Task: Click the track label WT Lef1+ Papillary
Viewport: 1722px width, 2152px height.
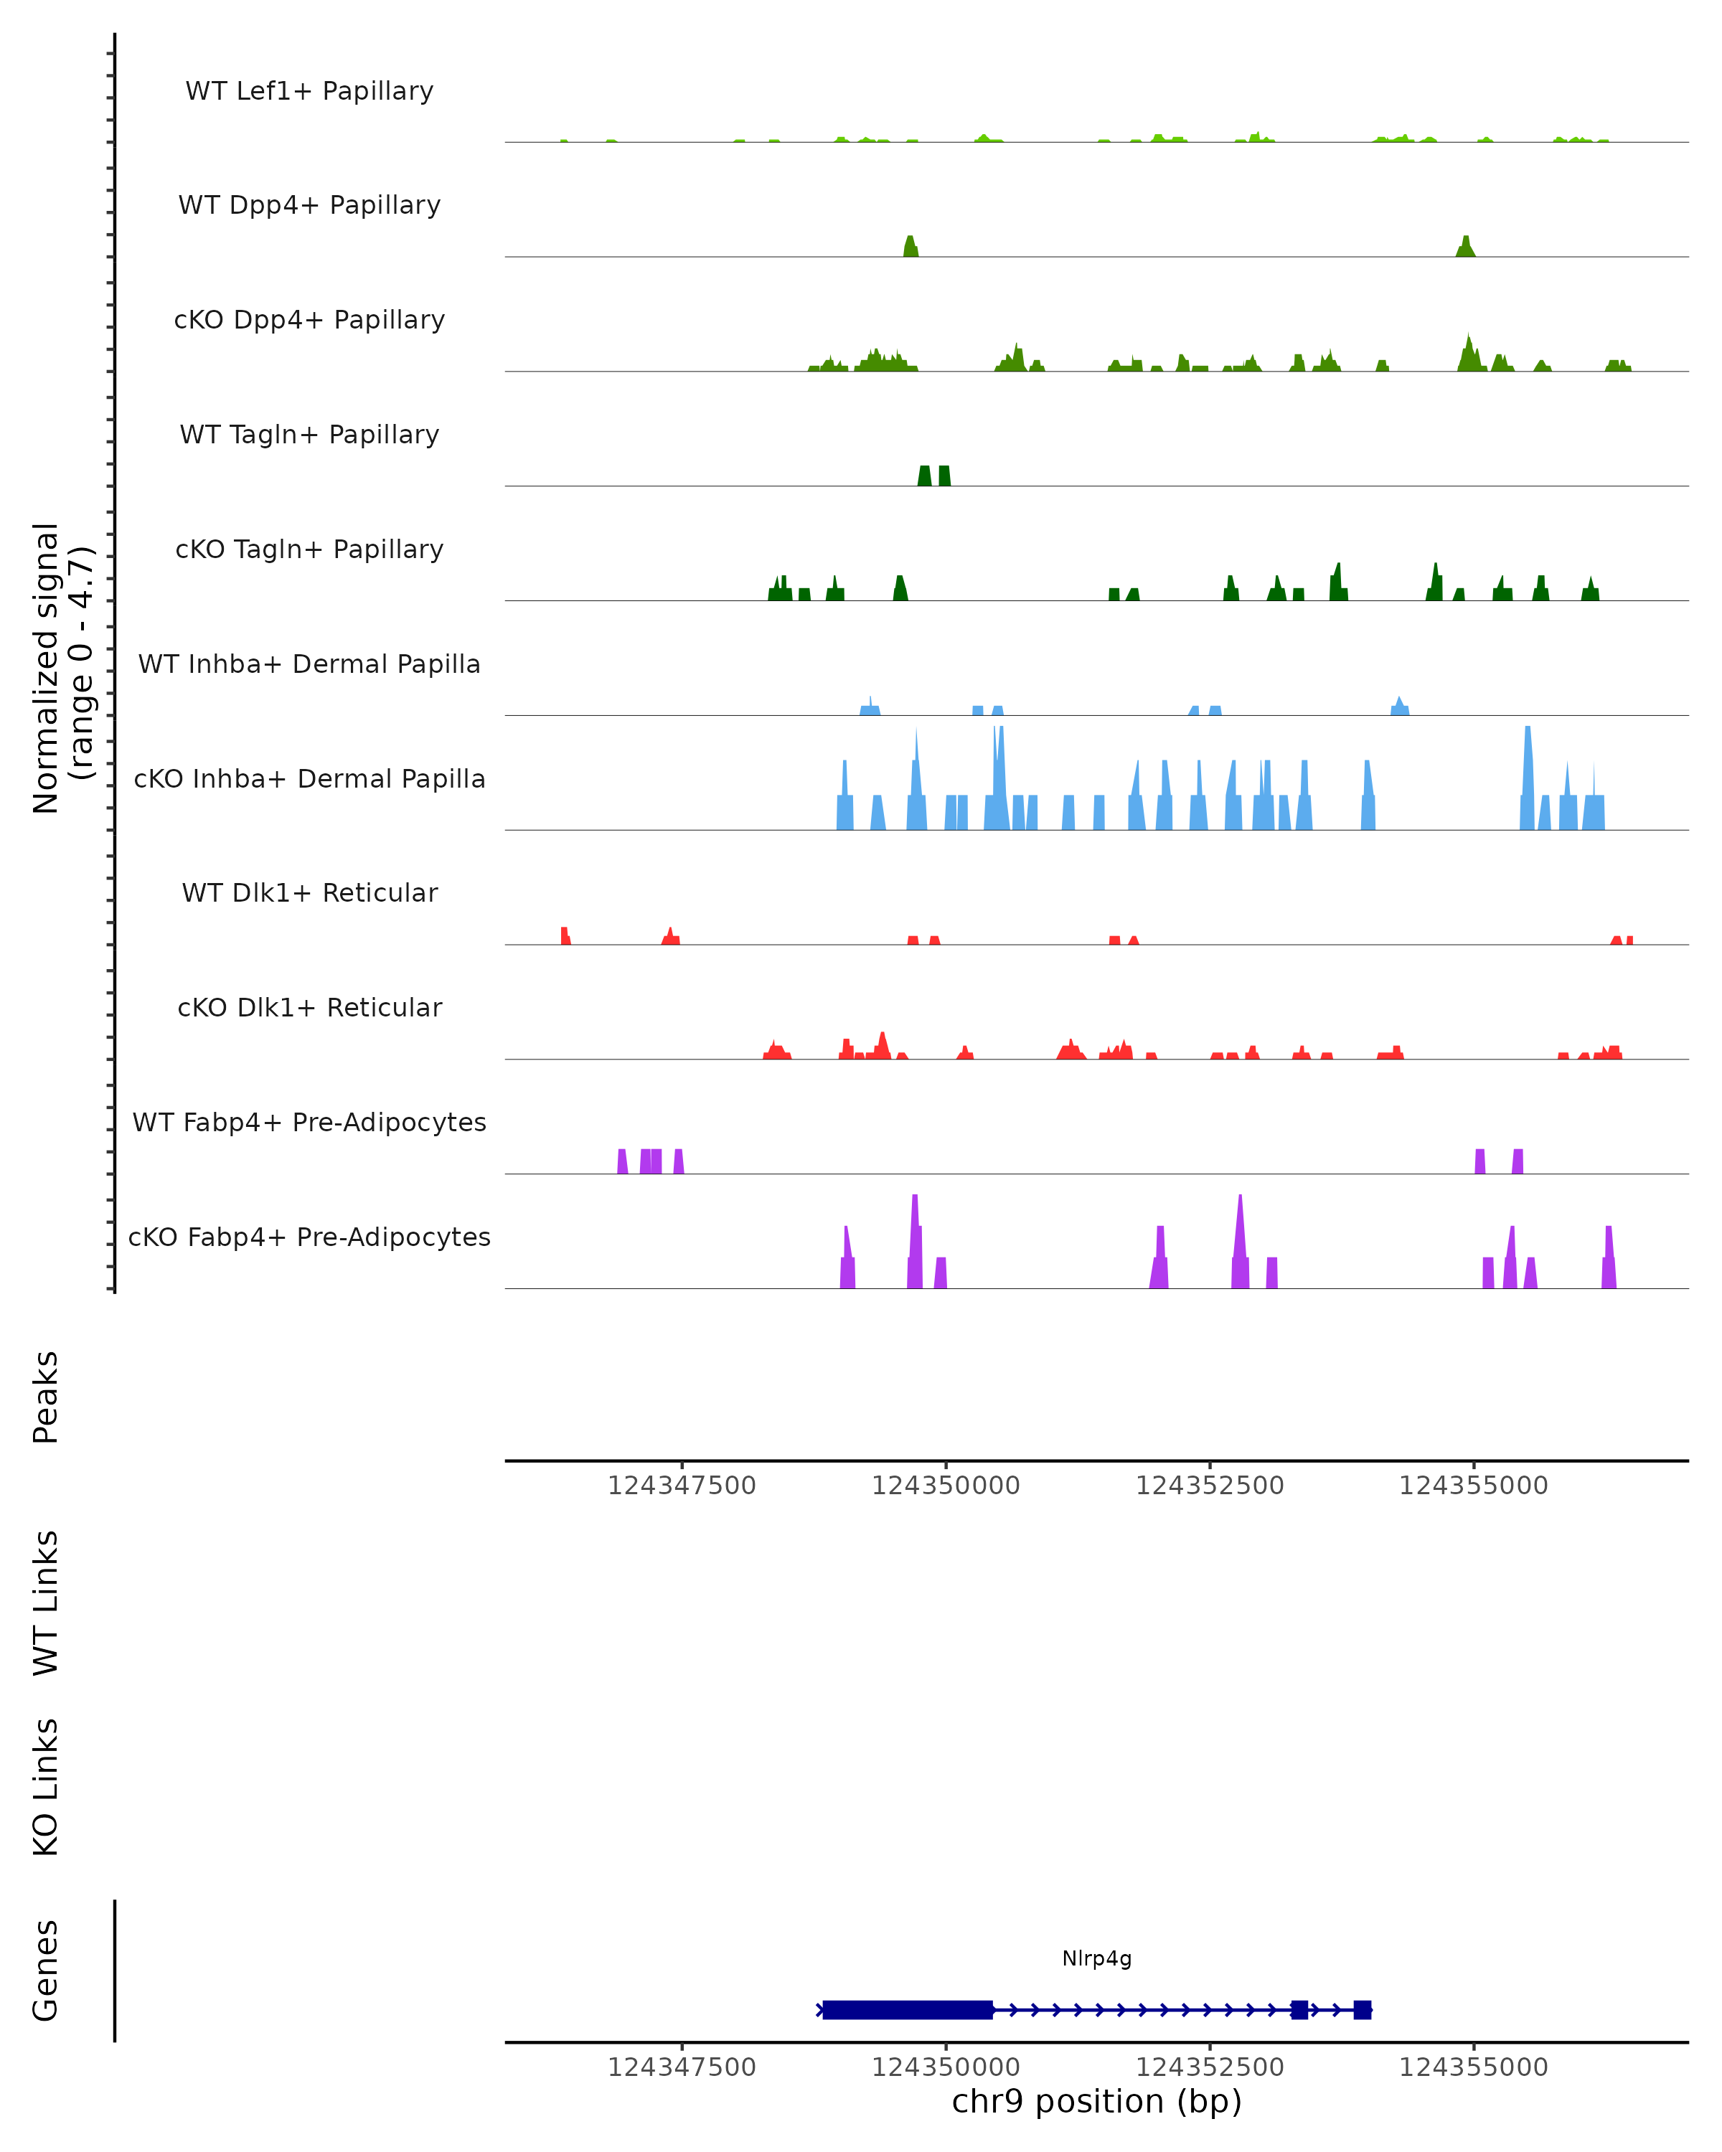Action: click(x=309, y=91)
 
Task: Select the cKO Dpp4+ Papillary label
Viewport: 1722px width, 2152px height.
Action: click(x=309, y=321)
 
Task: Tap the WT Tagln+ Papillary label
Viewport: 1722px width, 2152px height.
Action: click(x=309, y=435)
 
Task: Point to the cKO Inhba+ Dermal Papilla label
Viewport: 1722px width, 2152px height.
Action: click(x=309, y=780)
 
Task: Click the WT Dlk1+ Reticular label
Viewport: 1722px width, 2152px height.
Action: click(x=309, y=893)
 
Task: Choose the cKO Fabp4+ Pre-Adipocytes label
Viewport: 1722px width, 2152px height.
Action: click(x=309, y=1237)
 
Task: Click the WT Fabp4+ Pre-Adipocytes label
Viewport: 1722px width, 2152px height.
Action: click(x=309, y=1123)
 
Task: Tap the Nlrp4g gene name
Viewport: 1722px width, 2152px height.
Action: click(x=1096, y=1958)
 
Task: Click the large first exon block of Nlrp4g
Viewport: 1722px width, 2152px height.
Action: click(x=908, y=2009)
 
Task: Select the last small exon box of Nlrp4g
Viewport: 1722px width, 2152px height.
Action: click(x=1362, y=2009)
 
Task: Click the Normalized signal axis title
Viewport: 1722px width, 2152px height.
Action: click(x=62, y=669)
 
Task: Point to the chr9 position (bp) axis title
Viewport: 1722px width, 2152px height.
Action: click(x=1096, y=2101)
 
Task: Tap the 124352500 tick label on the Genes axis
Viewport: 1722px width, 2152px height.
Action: click(x=1209, y=2067)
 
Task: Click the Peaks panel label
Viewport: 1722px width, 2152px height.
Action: click(x=46, y=1397)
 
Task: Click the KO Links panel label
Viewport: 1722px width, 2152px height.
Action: click(x=46, y=1788)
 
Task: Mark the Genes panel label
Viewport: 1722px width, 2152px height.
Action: click(x=46, y=1971)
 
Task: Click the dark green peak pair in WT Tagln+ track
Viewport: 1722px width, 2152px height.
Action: click(x=933, y=476)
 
